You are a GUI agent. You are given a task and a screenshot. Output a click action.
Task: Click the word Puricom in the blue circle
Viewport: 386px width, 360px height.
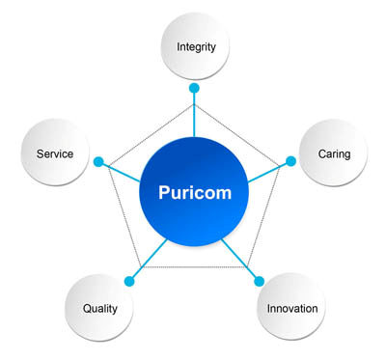coord(195,192)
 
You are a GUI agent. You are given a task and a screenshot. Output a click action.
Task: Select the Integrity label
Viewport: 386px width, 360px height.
coord(196,47)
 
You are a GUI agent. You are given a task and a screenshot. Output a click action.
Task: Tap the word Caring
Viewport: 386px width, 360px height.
coord(334,154)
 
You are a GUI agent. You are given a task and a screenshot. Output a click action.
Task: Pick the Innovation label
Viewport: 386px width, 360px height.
coord(292,309)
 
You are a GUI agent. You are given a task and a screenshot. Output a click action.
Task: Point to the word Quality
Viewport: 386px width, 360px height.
coord(100,309)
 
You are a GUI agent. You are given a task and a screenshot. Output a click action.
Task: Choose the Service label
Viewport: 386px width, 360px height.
coord(55,153)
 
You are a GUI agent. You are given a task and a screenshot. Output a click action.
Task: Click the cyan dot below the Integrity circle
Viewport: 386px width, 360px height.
coord(194,88)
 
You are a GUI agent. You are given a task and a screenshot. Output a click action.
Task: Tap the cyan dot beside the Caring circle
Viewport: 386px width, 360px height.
coord(290,161)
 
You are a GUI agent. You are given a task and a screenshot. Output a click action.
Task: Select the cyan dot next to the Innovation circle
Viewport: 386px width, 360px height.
coord(259,281)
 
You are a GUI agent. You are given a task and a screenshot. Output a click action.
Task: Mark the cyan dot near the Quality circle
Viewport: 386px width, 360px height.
coord(129,281)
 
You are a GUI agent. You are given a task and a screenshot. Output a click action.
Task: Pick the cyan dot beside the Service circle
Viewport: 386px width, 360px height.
coord(98,161)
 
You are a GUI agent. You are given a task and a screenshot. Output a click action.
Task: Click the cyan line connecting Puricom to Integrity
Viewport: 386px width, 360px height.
coord(194,115)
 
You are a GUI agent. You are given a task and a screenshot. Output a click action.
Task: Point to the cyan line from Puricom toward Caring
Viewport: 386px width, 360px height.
coord(267,173)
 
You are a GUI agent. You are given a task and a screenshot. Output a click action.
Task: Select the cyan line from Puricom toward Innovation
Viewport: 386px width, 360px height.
coord(238,258)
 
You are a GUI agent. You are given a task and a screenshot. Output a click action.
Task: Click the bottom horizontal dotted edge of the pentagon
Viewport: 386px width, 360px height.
coord(195,267)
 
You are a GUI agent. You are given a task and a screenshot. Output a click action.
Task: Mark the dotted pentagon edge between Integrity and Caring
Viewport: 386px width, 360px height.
coord(237,135)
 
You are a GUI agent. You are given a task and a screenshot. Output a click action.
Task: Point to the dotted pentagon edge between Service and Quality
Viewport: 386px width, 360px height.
coord(125,216)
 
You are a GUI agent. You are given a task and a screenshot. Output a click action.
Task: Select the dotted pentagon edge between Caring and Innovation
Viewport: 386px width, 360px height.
coord(263,216)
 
